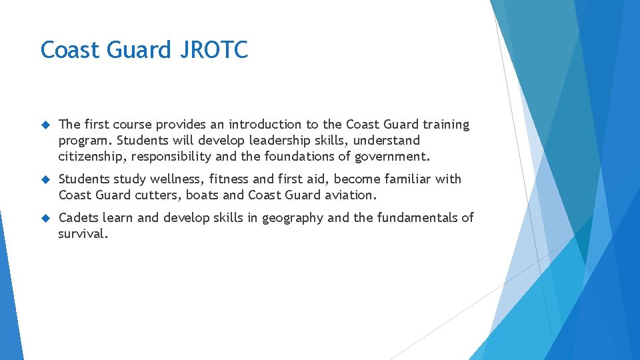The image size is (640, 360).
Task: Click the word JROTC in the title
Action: (x=214, y=50)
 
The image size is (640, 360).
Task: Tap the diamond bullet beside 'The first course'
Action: (x=45, y=125)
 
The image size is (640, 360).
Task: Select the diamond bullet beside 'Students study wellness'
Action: (x=45, y=179)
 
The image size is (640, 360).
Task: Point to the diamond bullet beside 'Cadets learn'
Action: (x=45, y=218)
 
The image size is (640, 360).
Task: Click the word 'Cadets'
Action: (x=78, y=218)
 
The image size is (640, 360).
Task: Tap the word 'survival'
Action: (x=81, y=234)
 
